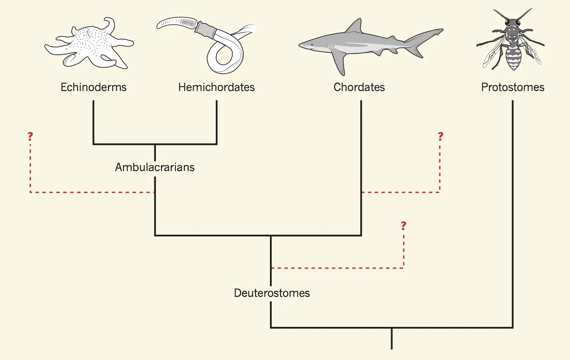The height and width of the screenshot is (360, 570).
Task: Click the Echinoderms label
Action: [94, 87]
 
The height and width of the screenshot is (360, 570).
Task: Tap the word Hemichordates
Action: [217, 87]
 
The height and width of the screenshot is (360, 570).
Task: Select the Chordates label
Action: [359, 87]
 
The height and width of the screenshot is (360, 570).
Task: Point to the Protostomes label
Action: [513, 87]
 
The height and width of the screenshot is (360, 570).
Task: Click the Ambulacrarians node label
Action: [155, 167]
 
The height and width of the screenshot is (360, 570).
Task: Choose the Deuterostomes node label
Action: [272, 293]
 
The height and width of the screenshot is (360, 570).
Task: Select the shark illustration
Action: [364, 44]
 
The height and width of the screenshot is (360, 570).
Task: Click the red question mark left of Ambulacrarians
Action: [30, 136]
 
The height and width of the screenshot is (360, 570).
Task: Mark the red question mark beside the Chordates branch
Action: [440, 136]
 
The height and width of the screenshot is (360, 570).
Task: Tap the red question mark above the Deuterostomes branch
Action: [403, 225]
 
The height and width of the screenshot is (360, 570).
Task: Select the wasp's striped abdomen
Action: [513, 58]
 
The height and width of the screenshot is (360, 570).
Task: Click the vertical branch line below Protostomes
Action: [513, 212]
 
